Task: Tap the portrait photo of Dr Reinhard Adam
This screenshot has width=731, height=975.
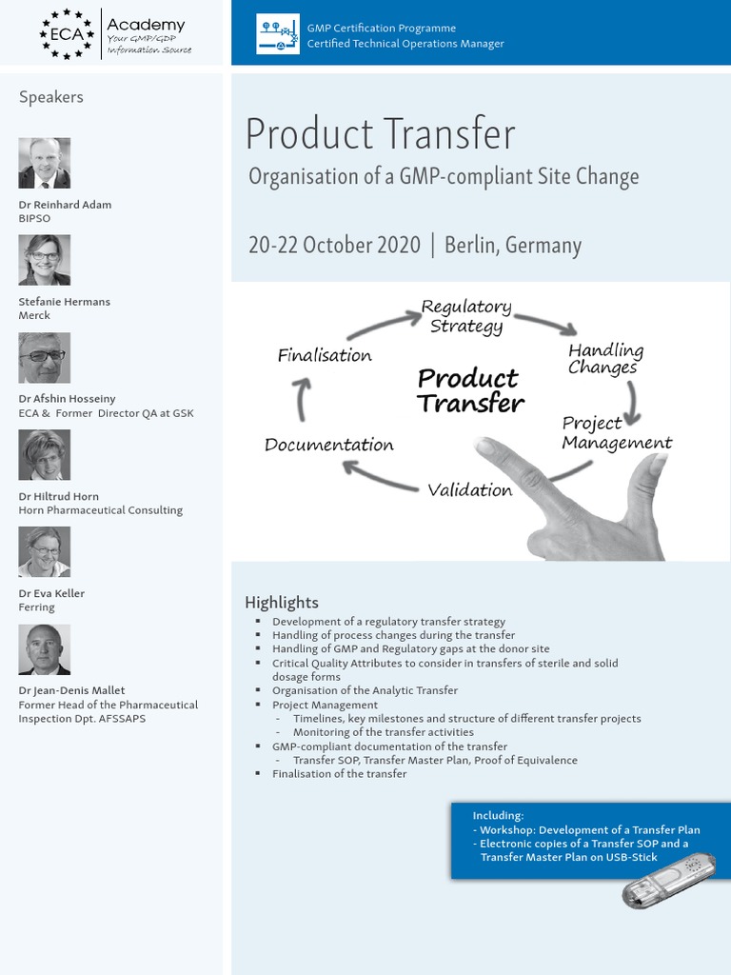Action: tap(45, 164)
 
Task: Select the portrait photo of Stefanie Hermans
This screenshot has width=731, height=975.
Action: tap(45, 260)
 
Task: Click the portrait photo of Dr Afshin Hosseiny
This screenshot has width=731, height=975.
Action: tap(45, 358)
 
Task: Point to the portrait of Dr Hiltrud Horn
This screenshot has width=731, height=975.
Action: tap(45, 455)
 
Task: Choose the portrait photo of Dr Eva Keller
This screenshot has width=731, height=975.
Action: tap(45, 552)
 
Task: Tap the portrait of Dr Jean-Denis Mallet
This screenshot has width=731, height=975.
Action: tap(45, 649)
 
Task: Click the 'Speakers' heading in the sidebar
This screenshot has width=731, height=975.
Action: tap(50, 97)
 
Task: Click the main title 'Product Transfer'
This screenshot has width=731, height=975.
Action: tap(380, 134)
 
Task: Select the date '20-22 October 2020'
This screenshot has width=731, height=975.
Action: tap(334, 245)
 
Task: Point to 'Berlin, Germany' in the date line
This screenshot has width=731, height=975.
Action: tap(512, 245)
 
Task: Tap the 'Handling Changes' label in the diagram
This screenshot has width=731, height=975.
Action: tap(605, 359)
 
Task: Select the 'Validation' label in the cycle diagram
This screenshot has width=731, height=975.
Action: tap(469, 490)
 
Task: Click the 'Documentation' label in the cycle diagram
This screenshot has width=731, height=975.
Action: tap(328, 445)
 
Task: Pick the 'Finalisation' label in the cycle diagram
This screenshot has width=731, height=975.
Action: tap(325, 356)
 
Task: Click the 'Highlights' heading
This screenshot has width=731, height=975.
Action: tap(282, 602)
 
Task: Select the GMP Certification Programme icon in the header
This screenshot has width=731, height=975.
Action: tap(278, 35)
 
